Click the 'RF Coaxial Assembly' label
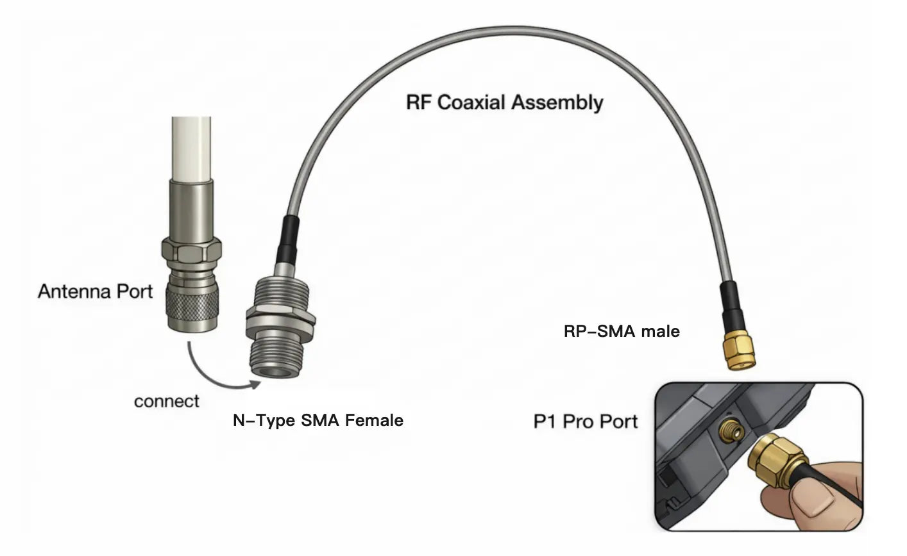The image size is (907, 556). coord(505,102)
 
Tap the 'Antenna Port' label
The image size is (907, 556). coord(95,291)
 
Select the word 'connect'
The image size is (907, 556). coord(166,402)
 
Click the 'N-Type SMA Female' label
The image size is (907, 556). coord(318,421)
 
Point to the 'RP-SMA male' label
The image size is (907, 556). coord(622,331)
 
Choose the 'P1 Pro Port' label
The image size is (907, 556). coord(586,421)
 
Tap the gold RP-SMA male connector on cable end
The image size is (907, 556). coord(740,350)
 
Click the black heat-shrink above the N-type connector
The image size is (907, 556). coord(288,240)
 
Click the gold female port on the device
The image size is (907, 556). coord(731,432)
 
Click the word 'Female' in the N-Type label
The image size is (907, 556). coord(374,421)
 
